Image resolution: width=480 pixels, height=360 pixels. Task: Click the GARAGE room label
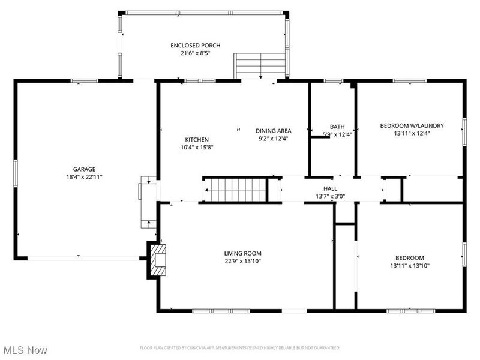coord(84,169)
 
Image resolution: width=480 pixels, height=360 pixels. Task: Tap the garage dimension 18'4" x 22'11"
coord(84,177)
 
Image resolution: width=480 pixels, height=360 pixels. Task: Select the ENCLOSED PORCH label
coord(195,46)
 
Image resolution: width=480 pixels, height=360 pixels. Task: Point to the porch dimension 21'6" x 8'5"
coord(195,53)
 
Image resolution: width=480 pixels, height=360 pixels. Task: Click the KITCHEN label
coord(197,139)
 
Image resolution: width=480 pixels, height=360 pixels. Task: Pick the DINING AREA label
coord(273,131)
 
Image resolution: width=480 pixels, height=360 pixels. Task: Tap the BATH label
coord(337,127)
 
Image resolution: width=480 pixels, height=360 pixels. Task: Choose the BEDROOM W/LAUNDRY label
coord(412,126)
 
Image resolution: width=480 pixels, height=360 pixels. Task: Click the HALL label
coord(330,188)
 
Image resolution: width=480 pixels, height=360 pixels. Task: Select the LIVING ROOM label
coord(243,253)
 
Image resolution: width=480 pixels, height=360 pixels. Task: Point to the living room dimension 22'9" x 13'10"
coord(243,261)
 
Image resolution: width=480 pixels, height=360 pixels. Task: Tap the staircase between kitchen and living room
coord(234,190)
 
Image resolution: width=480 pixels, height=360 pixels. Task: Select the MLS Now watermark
coord(25,349)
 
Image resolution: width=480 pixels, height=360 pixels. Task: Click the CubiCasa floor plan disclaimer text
coord(240,347)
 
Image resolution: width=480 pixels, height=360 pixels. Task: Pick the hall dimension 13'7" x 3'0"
coord(330,196)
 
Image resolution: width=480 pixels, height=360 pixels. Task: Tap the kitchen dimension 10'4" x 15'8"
coord(197,147)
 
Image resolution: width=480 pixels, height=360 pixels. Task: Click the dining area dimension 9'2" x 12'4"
coord(273,139)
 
